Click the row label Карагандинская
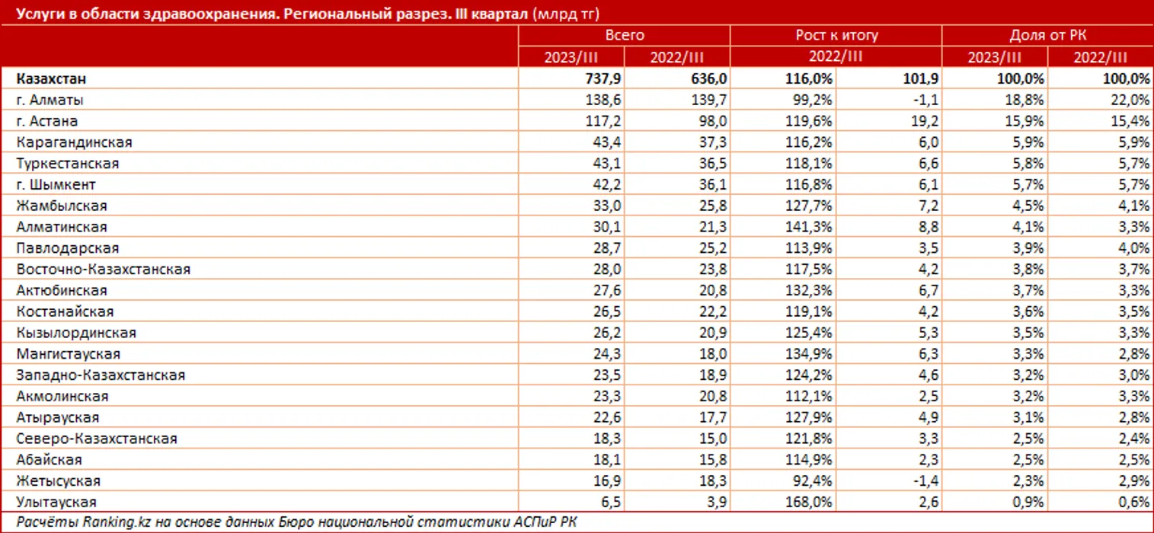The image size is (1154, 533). [74, 142]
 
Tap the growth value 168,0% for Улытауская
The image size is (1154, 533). [811, 502]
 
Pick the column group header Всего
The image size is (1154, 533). [625, 35]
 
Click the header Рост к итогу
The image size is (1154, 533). [836, 35]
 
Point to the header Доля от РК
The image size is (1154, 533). [1047, 35]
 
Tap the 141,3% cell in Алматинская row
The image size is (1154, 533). [811, 227]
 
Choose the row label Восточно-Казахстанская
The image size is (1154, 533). [103, 270]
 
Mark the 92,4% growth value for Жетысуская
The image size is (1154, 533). [814, 481]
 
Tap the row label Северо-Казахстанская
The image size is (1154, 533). [97, 439]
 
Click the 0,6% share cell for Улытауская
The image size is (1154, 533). [1133, 502]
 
